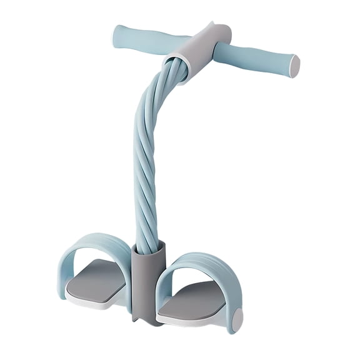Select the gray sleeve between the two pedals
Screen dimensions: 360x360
(x=148, y=281)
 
